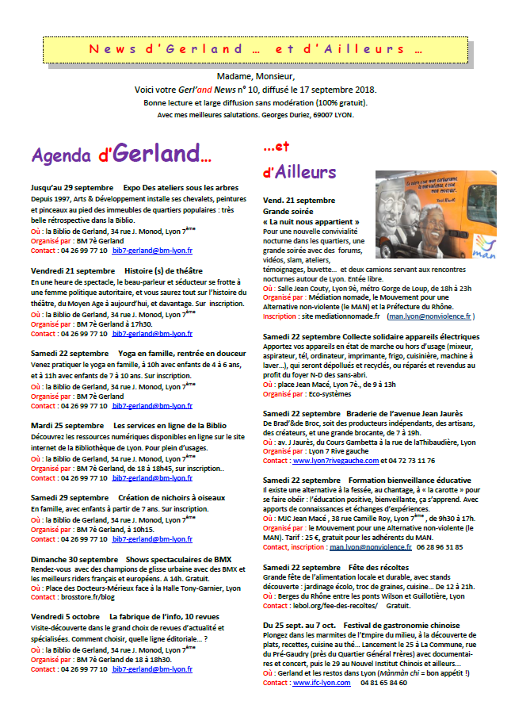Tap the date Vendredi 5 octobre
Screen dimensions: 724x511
pyautogui.click(x=66, y=616)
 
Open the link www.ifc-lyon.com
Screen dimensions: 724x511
pyautogui.click(x=322, y=683)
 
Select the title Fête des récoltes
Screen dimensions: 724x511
pyautogui.click(x=377, y=568)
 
